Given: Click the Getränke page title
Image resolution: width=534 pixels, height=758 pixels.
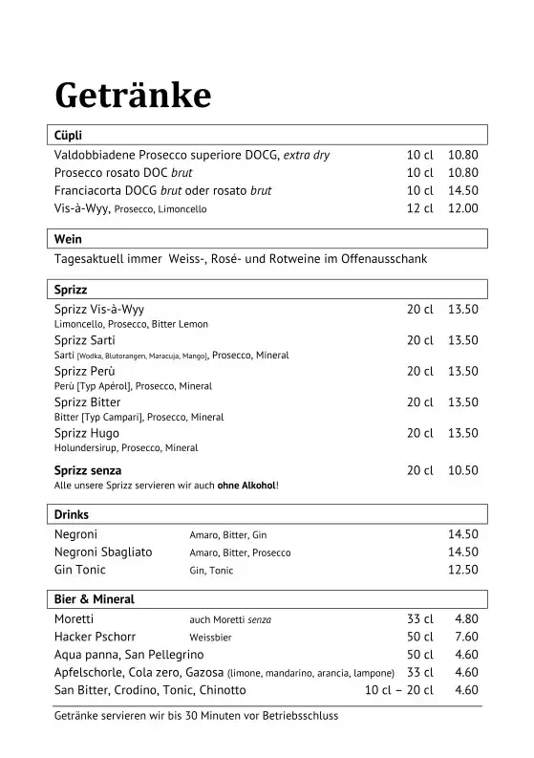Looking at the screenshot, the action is [x=132, y=97].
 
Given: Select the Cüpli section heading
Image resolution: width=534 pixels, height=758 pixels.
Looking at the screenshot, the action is [x=70, y=136].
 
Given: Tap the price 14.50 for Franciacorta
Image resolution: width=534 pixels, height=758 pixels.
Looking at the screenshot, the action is [x=462, y=190].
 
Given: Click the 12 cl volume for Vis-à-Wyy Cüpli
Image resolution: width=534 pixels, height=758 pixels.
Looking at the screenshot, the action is [x=419, y=208].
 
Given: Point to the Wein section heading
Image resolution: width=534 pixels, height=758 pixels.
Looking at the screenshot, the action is [x=68, y=240].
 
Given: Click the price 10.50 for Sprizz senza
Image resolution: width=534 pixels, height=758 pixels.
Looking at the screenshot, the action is [x=462, y=470].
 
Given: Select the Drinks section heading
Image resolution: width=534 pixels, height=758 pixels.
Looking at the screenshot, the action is [x=72, y=514].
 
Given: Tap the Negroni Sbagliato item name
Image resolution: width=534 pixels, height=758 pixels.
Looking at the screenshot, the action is [x=103, y=552].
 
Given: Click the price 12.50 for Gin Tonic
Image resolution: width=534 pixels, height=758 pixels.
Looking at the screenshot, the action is [x=462, y=570].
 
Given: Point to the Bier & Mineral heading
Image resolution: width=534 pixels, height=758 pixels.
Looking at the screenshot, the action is [x=95, y=599].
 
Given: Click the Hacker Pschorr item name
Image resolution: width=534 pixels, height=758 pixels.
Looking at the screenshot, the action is [x=96, y=636].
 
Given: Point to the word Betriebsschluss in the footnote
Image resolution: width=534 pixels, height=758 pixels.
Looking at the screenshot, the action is [x=300, y=715].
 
